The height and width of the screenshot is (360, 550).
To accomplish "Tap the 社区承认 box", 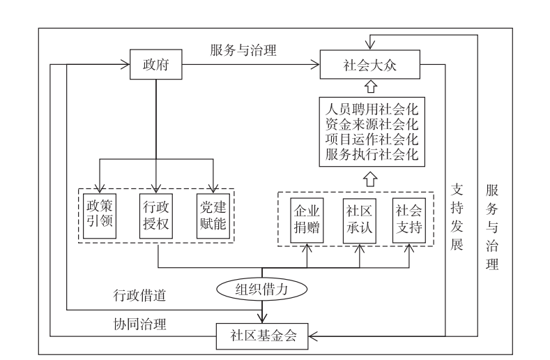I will click(x=359, y=221).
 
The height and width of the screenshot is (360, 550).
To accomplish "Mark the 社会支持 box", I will click(x=408, y=221).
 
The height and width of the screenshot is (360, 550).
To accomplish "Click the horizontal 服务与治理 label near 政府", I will click(x=243, y=50).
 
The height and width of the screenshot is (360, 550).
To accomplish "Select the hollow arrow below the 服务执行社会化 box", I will click(x=371, y=179).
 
